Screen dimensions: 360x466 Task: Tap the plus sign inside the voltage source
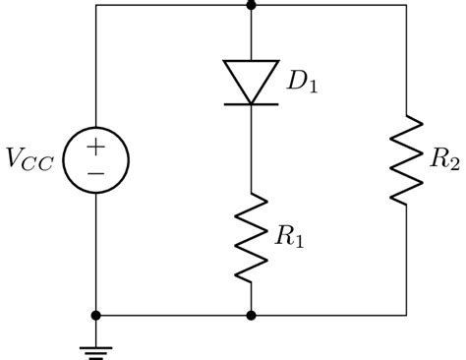click(x=95, y=147)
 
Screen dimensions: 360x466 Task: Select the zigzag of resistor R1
click(x=252, y=237)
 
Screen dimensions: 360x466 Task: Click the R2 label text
click(x=439, y=160)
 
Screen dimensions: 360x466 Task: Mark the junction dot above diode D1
click(x=252, y=5)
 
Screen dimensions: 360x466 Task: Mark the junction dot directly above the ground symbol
click(x=95, y=316)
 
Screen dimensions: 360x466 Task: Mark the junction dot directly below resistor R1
click(x=252, y=316)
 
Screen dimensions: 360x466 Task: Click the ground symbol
click(x=95, y=344)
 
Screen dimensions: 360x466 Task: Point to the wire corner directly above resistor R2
click(x=407, y=5)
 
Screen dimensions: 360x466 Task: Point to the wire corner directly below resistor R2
click(x=407, y=316)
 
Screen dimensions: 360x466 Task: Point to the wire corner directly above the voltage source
click(x=95, y=5)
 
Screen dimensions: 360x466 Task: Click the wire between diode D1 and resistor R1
click(x=252, y=148)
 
